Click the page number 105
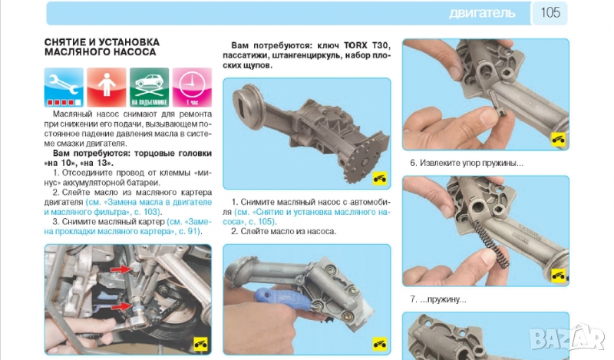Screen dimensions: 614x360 pyautogui.click(x=550, y=12)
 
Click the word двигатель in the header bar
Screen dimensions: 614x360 pyautogui.click(x=482, y=13)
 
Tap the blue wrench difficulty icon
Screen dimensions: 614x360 pyautogui.click(x=64, y=88)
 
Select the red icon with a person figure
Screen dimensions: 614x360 pyautogui.click(x=107, y=88)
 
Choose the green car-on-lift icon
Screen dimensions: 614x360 pyautogui.click(x=149, y=88)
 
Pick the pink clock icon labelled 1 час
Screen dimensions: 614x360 pyautogui.click(x=192, y=88)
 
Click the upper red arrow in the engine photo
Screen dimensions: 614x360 pyautogui.click(x=121, y=269)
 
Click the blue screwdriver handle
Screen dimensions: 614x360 pyautogui.click(x=282, y=297)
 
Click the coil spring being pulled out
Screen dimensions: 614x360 pyautogui.click(x=490, y=243)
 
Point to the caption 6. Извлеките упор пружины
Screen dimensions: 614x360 pyautogui.click(x=467, y=163)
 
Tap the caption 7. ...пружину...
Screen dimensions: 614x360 pyautogui.click(x=438, y=299)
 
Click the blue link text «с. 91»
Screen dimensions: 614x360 pyautogui.click(x=189, y=232)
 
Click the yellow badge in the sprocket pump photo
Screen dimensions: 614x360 pyautogui.click(x=379, y=179)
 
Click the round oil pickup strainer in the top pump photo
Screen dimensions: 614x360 pyautogui.click(x=247, y=106)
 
